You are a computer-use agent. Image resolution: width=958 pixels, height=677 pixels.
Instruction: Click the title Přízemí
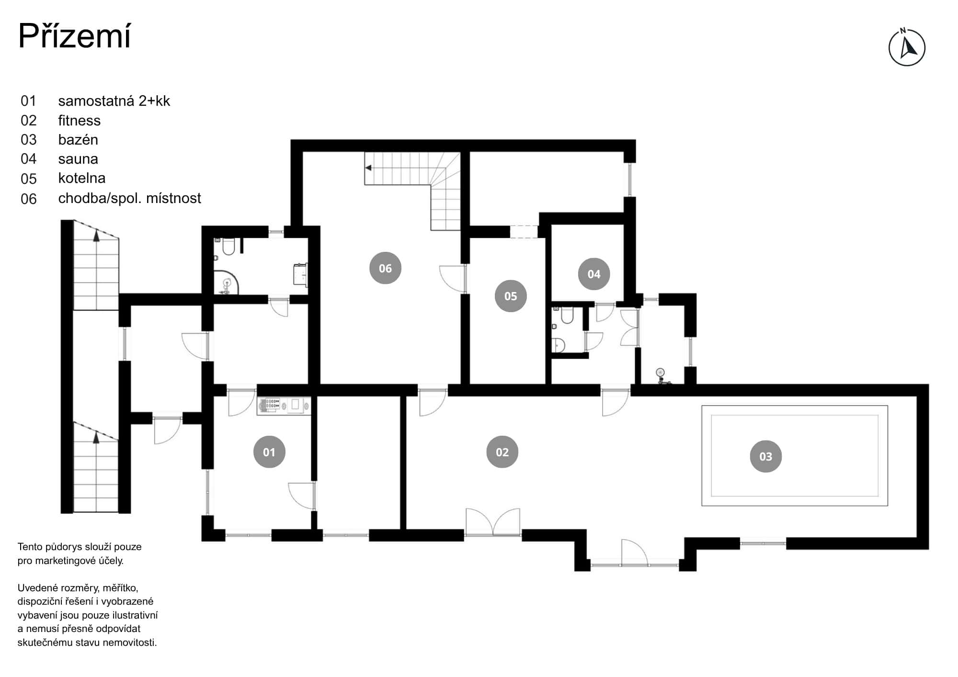coord(74,36)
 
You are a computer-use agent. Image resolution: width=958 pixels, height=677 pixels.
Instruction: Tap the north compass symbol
coord(907,47)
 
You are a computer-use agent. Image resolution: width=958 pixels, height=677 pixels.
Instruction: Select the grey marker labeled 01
coord(269,452)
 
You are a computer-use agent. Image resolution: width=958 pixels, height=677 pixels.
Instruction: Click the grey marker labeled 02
coord(502,452)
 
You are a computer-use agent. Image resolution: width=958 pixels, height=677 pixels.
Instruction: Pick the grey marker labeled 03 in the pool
coord(765,456)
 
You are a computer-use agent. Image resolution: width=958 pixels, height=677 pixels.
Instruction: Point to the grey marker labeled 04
coord(593,274)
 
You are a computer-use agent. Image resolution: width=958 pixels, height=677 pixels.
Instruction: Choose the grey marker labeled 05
coord(511,296)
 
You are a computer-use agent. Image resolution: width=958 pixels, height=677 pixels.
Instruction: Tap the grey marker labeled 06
coord(385,268)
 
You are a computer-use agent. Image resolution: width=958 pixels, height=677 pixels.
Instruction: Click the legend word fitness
coord(80,120)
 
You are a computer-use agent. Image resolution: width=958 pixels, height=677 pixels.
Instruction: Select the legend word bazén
coord(78,139)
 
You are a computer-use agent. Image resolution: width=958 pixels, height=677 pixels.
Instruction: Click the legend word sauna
coord(78,158)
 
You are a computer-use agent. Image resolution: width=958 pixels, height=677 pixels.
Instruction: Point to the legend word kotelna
coord(82,178)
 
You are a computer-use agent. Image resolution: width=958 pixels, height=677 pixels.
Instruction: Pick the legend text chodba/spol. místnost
coord(129,198)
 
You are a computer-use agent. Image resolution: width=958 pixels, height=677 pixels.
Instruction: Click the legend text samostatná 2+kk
coord(114,101)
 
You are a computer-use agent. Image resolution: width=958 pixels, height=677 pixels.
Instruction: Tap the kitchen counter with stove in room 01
coord(284,406)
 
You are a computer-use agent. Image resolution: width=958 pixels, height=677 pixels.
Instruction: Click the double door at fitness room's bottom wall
coord(493,522)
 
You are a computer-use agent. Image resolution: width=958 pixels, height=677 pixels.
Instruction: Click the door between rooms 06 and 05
coord(453,278)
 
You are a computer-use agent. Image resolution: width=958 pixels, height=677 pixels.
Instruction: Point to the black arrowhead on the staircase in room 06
coord(368,168)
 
